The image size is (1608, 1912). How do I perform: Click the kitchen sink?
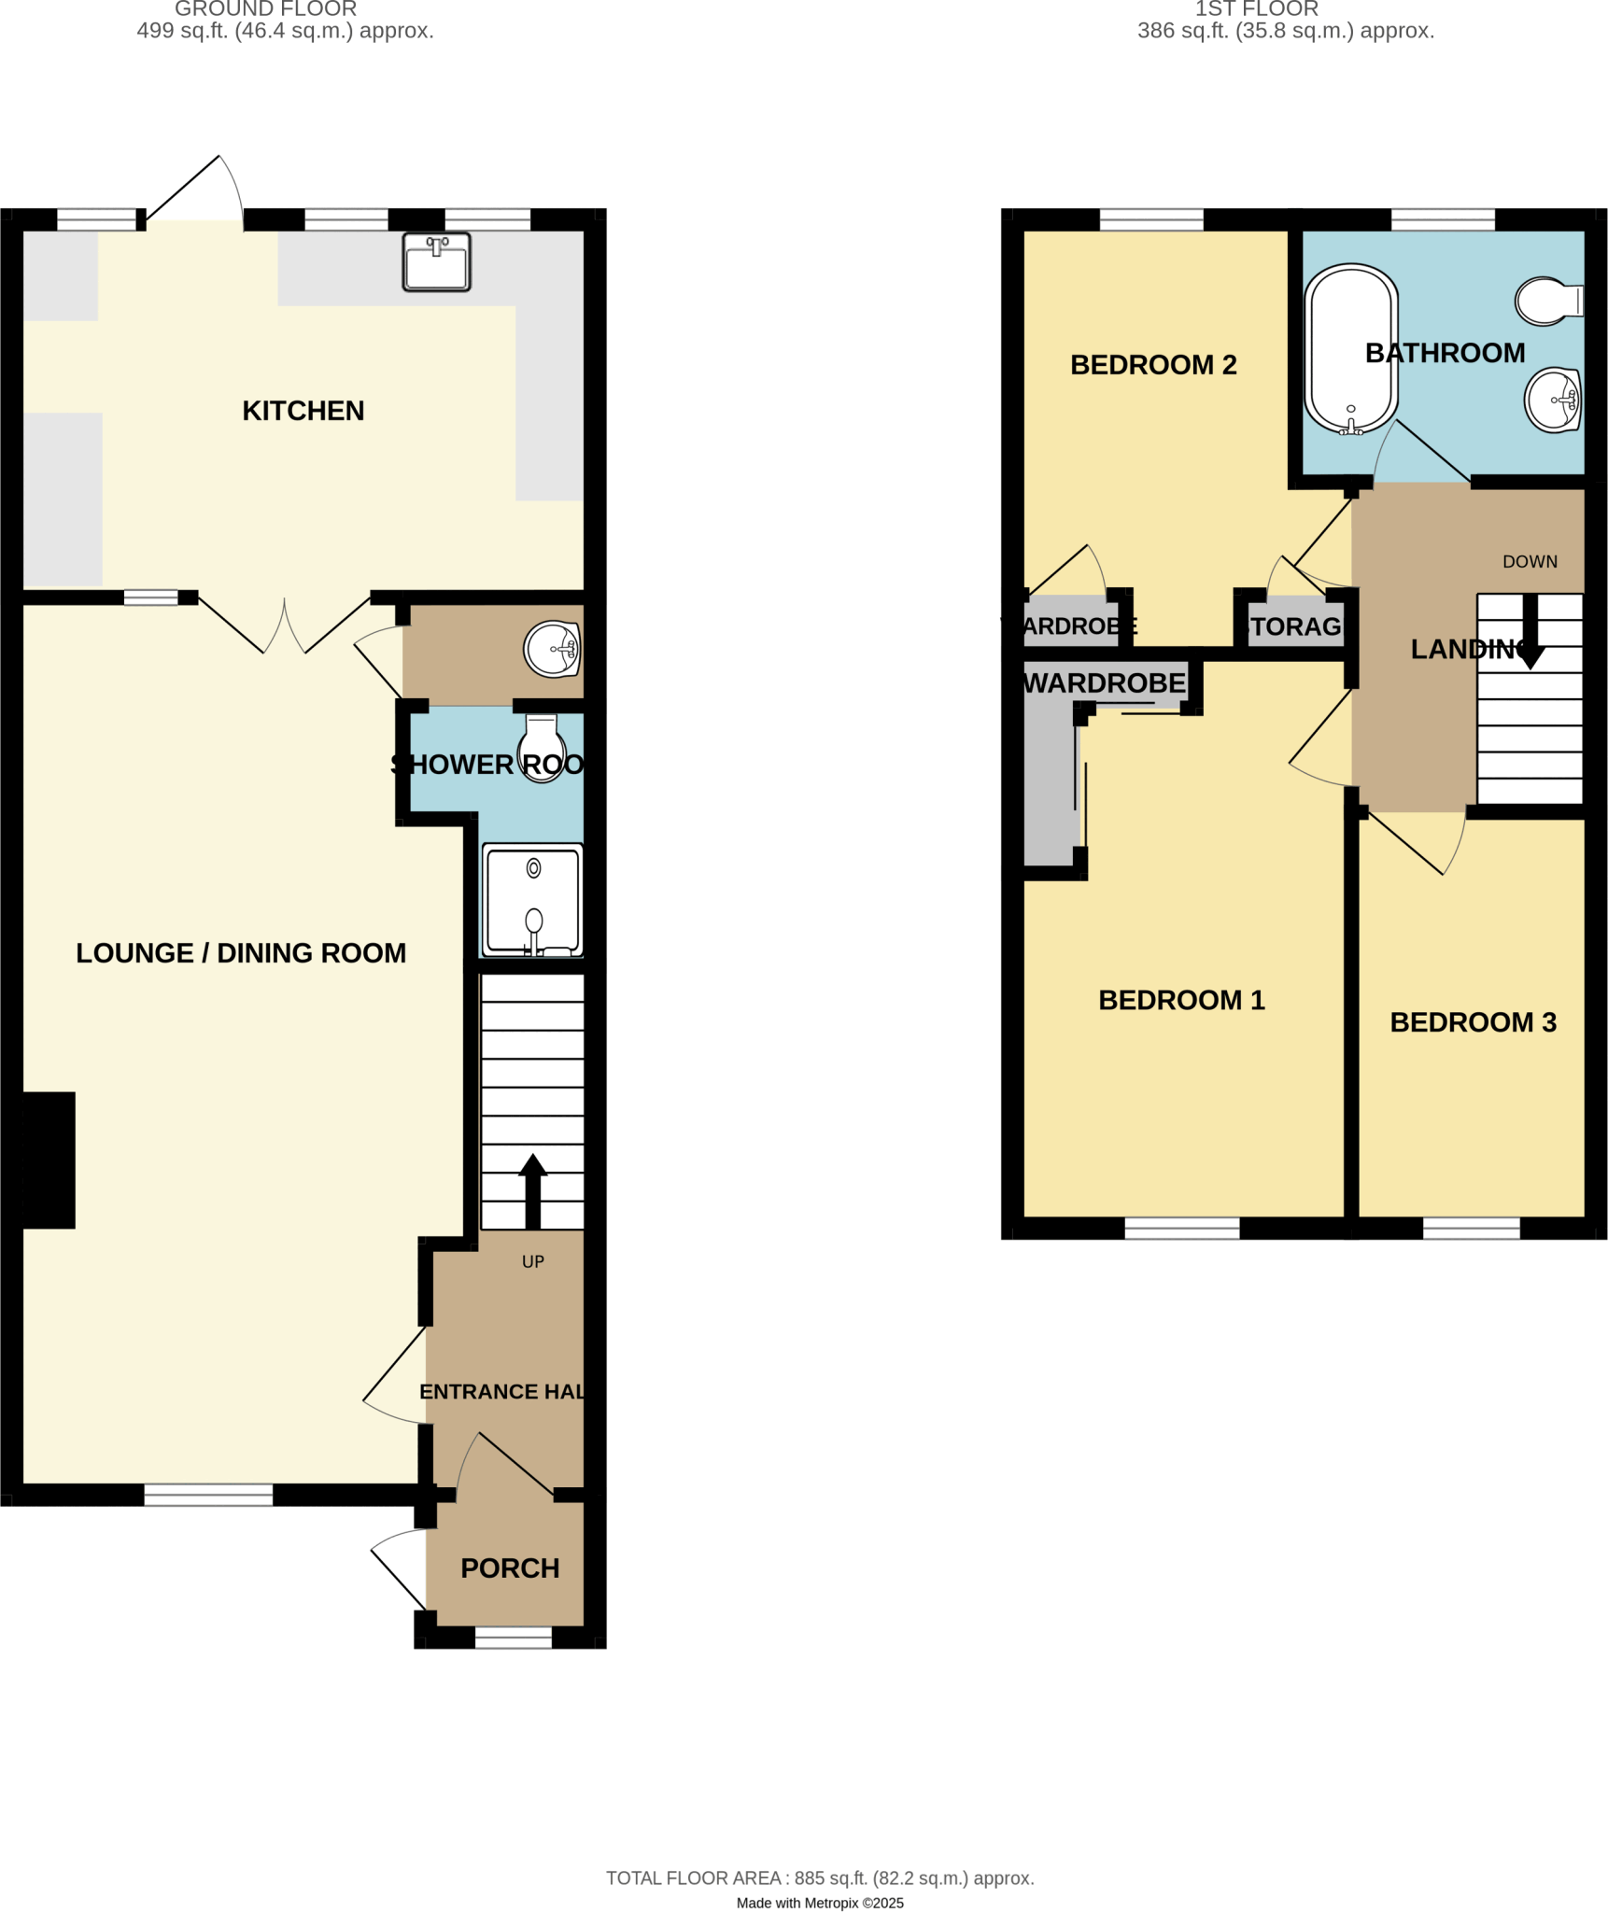pos(436,262)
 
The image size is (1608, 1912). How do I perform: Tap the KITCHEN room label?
pos(303,411)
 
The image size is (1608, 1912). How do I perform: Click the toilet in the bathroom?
pos(1547,301)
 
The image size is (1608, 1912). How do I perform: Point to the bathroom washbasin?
pos(1552,400)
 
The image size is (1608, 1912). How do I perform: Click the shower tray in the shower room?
pos(532,900)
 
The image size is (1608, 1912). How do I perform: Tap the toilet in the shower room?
pos(542,747)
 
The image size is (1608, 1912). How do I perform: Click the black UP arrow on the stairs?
pos(532,1190)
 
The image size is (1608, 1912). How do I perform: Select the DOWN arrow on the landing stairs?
pos(1530,631)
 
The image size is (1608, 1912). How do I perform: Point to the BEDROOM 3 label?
pos(1473,1022)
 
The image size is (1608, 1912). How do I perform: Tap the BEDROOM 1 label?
pos(1181,1000)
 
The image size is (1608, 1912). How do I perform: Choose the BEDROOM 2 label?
pos(1153,365)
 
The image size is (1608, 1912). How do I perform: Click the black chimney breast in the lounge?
pos(49,1160)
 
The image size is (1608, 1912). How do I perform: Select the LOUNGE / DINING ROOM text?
pos(241,953)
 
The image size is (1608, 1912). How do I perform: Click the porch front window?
pos(513,1638)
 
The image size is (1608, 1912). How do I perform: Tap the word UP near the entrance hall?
pos(532,1262)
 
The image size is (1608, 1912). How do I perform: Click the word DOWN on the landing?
pos(1530,562)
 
